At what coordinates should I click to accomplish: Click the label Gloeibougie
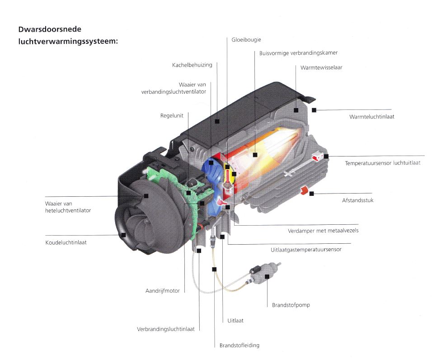[x=246, y=40]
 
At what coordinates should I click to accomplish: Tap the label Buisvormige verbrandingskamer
[x=298, y=53]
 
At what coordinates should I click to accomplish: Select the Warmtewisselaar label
[x=321, y=67]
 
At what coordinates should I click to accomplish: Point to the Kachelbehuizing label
[x=192, y=65]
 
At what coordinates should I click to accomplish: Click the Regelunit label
[x=172, y=115]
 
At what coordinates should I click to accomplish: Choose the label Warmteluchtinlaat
[x=371, y=117]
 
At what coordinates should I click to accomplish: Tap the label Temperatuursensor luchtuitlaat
[x=383, y=163]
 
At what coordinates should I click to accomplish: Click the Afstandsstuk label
[x=357, y=200]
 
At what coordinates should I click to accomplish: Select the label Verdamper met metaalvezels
[x=323, y=231]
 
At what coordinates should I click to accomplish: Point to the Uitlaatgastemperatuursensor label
[x=306, y=250]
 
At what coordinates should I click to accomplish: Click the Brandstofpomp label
[x=291, y=305]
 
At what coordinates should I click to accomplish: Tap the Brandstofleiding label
[x=239, y=346]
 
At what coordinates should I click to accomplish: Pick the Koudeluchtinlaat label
[x=66, y=242]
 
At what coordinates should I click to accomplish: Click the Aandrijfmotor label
[x=162, y=291]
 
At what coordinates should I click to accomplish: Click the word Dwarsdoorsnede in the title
[x=50, y=29]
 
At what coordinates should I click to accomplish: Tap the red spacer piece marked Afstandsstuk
[x=304, y=190]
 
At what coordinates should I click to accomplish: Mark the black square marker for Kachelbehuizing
[x=217, y=121]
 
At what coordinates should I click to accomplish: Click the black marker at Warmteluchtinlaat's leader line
[x=314, y=110]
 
